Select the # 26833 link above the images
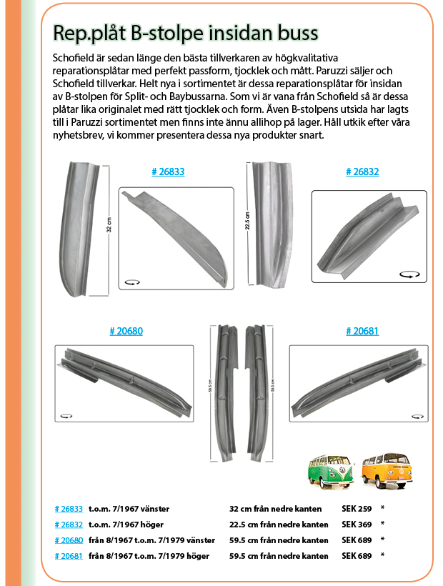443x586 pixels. [169, 172]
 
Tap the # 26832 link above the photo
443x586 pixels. [362, 172]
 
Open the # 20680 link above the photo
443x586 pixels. [126, 331]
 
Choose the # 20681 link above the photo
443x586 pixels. [362, 331]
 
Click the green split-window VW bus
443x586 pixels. [329, 472]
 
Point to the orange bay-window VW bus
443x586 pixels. [388, 472]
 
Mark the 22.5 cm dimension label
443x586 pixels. [247, 218]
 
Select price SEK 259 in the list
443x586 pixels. [357, 509]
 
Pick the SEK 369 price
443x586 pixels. [357, 525]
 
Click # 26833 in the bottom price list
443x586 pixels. [69, 509]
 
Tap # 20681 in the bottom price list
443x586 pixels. [69, 556]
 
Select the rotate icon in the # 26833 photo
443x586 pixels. [131, 283]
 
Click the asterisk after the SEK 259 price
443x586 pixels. [383, 509]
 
